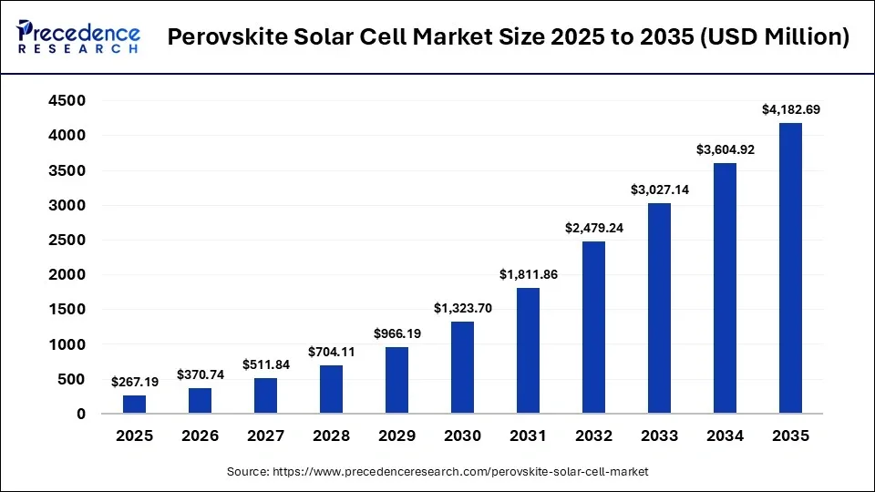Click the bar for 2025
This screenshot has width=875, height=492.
tap(134, 405)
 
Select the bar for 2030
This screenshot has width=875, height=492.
tap(462, 368)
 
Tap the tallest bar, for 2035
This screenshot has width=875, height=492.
tap(790, 269)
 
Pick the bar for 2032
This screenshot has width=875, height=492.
tap(593, 328)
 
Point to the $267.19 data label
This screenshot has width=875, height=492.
tap(134, 382)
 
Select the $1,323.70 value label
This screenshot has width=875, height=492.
tap(462, 308)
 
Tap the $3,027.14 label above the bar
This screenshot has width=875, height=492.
tap(659, 190)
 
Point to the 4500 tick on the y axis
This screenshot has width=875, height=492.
tap(67, 101)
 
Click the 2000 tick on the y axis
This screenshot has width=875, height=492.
tap(67, 275)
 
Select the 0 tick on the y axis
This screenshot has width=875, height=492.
tap(81, 415)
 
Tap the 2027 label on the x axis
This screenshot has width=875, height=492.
tap(265, 436)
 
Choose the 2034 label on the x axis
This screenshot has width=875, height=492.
tap(725, 436)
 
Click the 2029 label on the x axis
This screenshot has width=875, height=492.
tap(396, 436)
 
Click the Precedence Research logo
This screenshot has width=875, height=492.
tap(78, 37)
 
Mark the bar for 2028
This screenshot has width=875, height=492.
tap(331, 390)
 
